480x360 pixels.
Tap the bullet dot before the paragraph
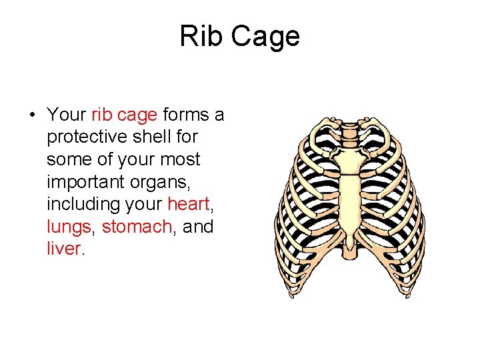32,115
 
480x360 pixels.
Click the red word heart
189,204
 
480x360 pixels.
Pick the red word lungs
69,227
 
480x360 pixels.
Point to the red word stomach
137,227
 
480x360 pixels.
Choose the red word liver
64,249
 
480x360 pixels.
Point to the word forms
185,115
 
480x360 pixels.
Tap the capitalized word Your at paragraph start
67,115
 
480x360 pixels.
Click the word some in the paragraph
68,159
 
